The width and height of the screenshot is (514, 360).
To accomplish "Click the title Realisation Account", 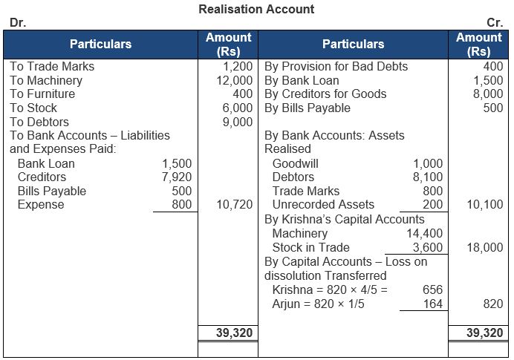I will pos(256,10).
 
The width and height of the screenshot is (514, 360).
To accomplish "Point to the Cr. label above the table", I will pos(495,23).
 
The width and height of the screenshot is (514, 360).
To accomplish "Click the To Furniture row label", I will pos(42,94).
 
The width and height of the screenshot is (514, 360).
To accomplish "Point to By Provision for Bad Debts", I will pos(336,67).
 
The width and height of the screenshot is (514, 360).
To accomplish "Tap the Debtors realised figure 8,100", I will pos(427,177).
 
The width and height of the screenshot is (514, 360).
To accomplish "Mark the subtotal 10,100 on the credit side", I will pos(484,205).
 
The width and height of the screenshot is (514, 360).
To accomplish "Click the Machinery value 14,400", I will pos(424,233).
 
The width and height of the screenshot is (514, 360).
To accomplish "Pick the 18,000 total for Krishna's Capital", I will pos(484,247).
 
